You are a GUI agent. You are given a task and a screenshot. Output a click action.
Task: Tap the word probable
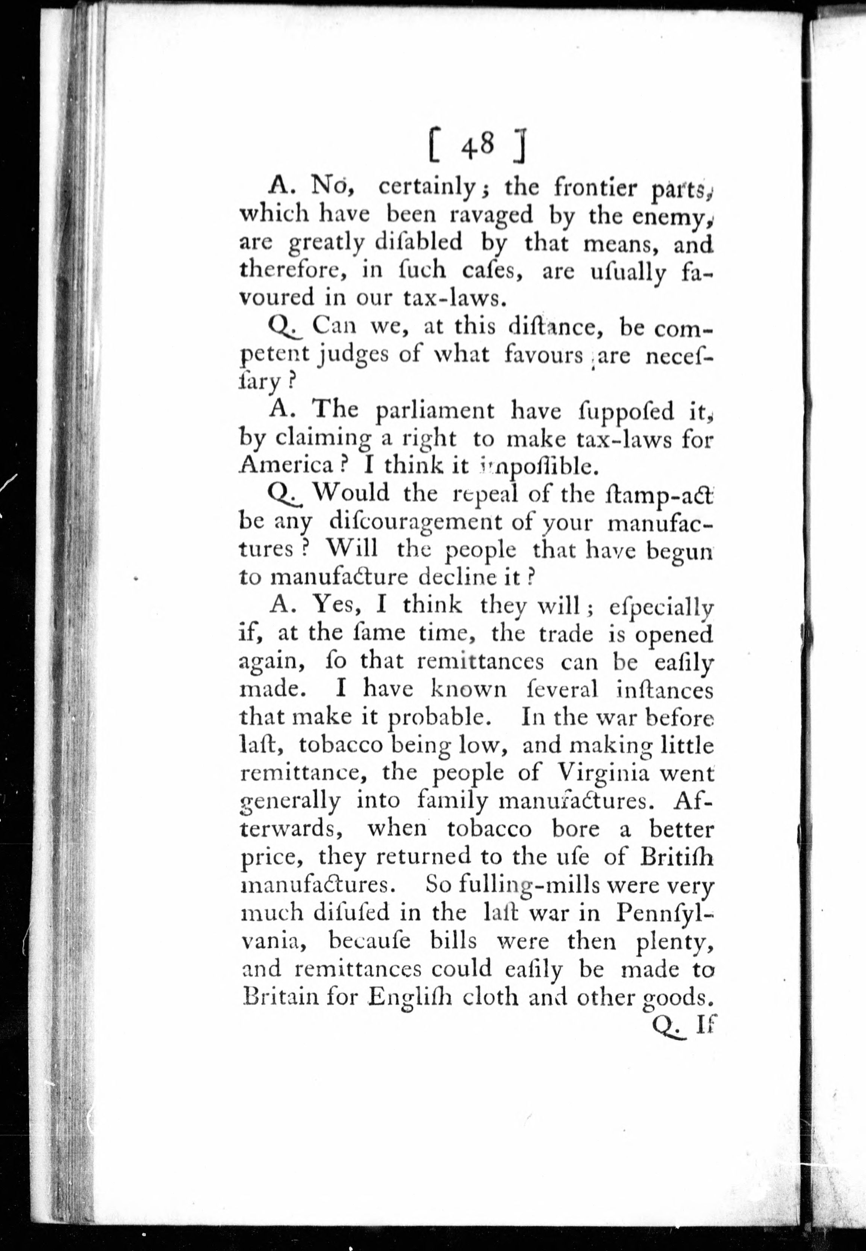(438, 718)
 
